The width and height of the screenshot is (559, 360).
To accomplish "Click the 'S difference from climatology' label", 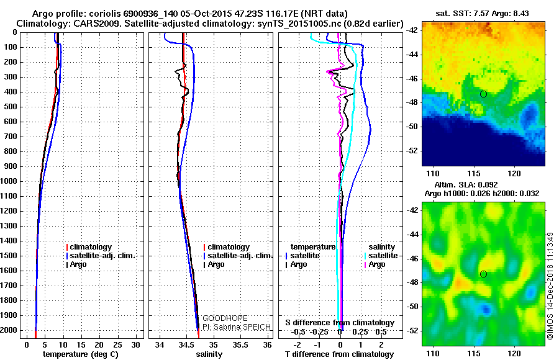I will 340,323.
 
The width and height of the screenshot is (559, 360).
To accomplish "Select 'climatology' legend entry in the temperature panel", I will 91,247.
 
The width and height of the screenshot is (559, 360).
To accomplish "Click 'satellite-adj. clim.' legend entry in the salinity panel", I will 239,256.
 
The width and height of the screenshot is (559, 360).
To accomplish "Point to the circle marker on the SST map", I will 483,94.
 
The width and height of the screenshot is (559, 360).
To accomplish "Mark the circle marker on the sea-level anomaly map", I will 483,274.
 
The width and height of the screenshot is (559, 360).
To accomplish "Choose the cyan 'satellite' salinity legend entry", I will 383,255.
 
